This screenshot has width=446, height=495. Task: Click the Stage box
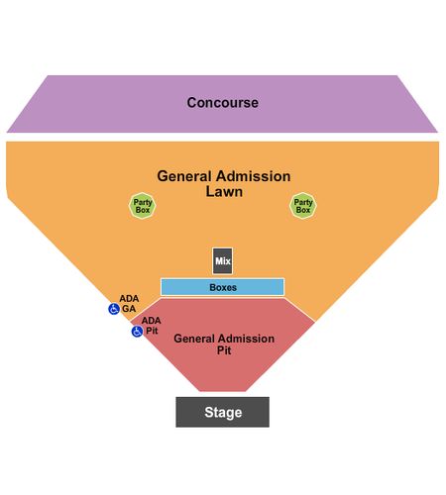[222, 412]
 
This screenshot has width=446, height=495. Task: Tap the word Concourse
[223, 103]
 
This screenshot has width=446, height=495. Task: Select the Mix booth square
[222, 260]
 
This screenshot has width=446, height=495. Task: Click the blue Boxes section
[222, 287]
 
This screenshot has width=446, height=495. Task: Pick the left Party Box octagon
[142, 206]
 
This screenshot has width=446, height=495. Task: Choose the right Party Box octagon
[303, 206]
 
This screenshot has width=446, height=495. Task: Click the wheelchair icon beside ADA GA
[114, 309]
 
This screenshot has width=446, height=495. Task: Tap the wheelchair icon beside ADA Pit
[137, 332]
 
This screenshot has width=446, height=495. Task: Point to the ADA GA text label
[129, 304]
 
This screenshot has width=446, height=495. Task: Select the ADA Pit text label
[152, 326]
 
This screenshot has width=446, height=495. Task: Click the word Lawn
[224, 192]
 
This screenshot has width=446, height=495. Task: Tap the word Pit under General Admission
[224, 350]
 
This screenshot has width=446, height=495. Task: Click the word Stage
[223, 413]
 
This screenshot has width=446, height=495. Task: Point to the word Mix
[223, 261]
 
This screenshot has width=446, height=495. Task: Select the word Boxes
[223, 287]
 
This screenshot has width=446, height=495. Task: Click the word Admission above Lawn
[252, 176]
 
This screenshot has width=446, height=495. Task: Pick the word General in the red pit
[194, 339]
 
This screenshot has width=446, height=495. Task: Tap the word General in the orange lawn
[184, 176]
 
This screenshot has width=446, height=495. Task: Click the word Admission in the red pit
[246, 339]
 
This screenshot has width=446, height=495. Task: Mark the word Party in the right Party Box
[303, 202]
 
